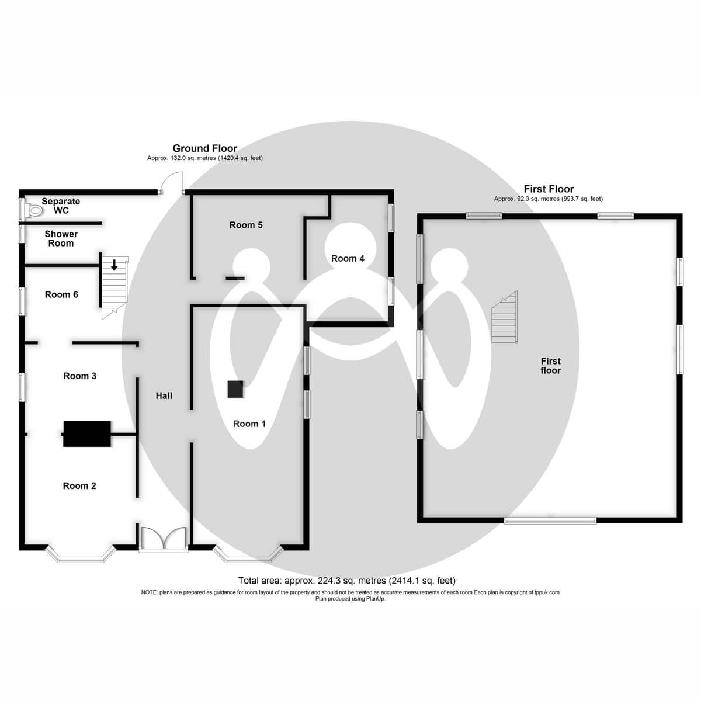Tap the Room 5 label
[246, 225]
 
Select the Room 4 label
[348, 258]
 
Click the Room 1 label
[249, 424]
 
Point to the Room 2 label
[79, 485]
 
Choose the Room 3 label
[80, 376]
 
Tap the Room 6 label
[61, 294]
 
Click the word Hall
[164, 395]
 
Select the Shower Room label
[61, 238]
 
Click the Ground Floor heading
[205, 148]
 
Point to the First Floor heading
[549, 189]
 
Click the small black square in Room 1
[235, 389]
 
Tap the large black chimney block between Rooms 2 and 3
[87, 434]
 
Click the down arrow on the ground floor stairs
[114, 264]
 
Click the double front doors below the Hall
[164, 538]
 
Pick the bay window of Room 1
[248, 555]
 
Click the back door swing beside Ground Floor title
[173, 183]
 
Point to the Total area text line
[347, 581]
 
